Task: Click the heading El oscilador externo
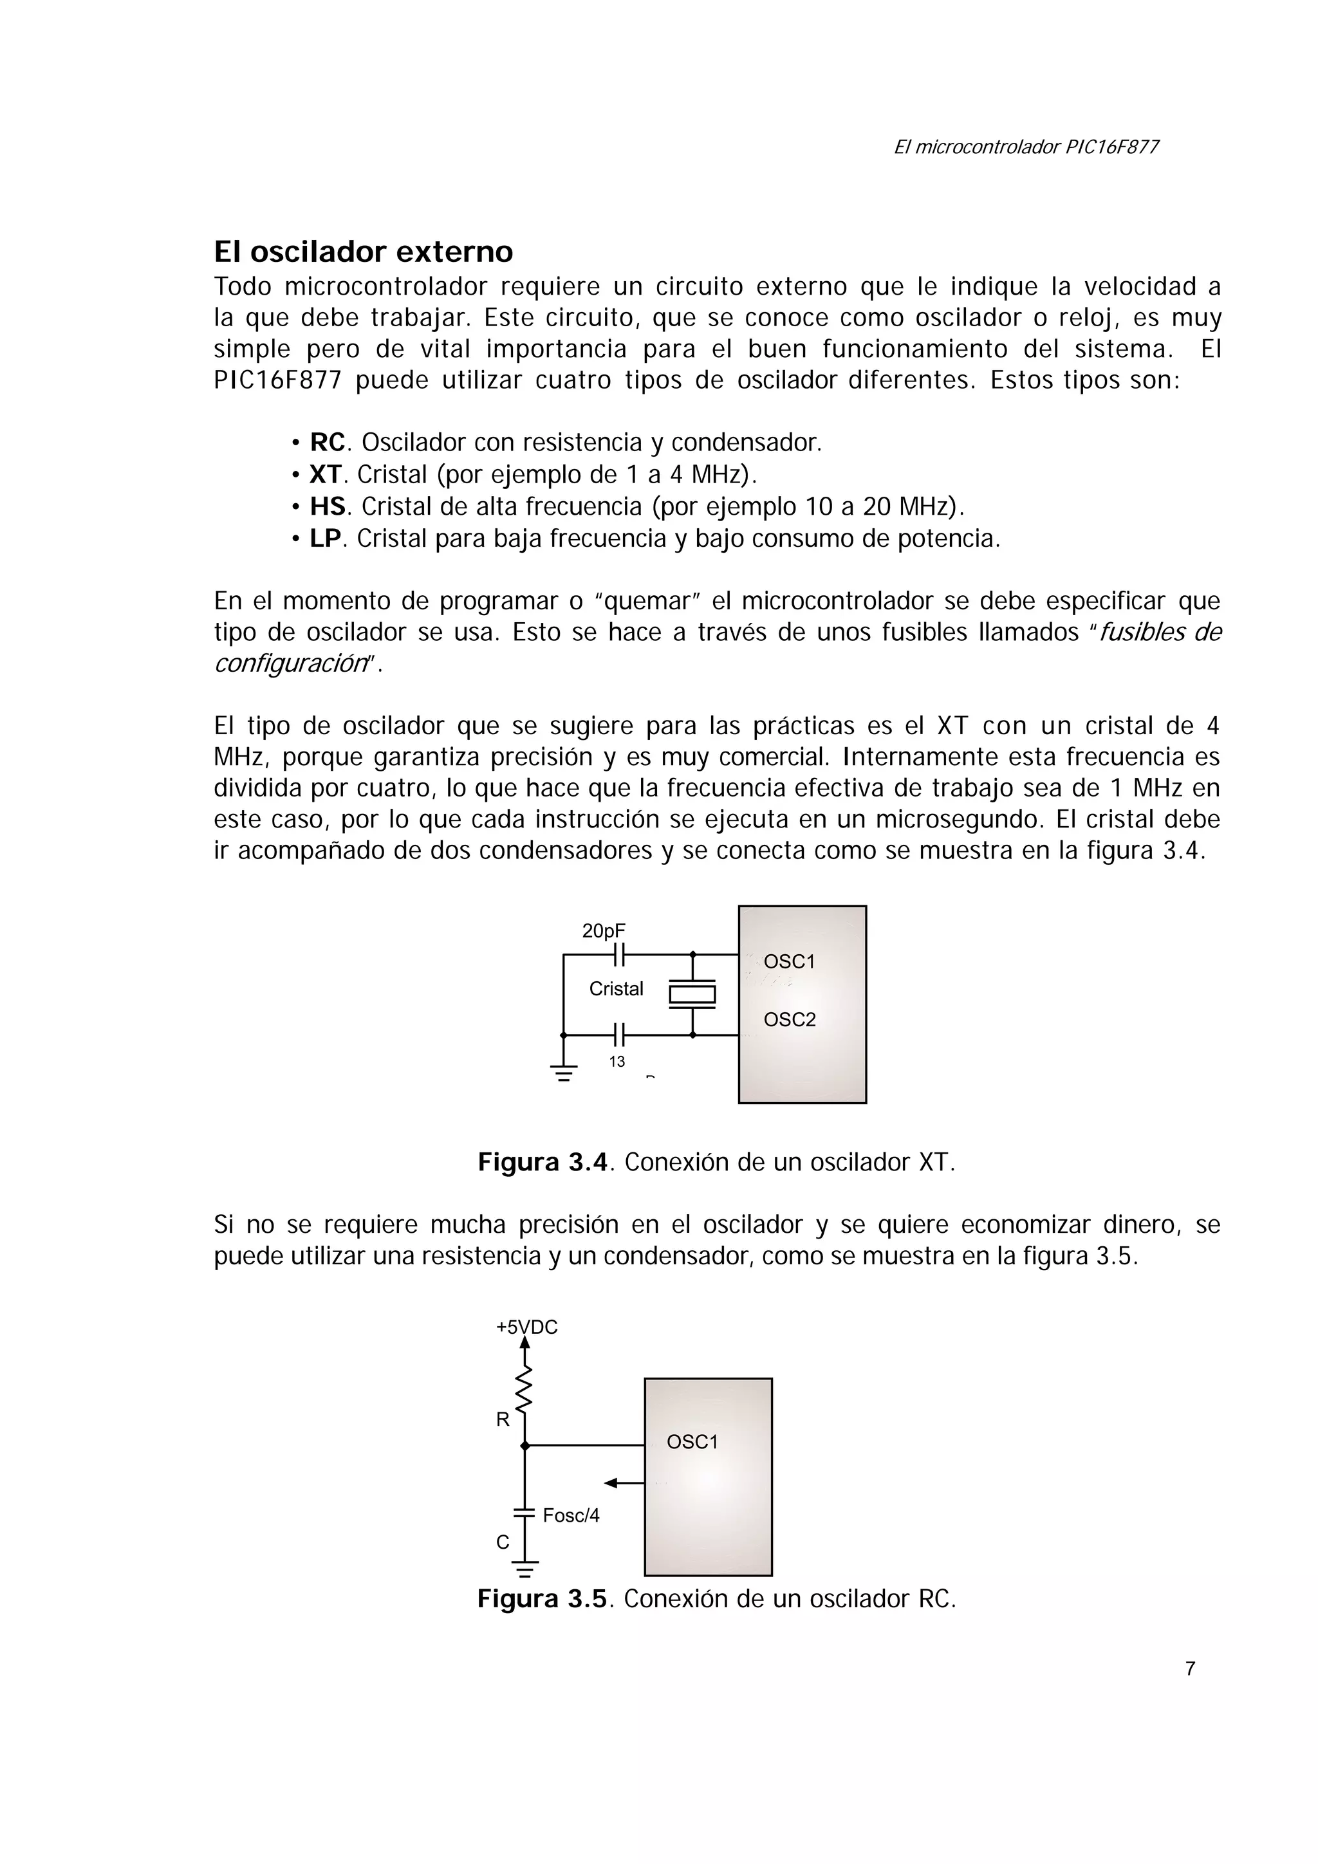(x=363, y=252)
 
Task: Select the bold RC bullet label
(x=328, y=443)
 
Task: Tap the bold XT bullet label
(x=326, y=475)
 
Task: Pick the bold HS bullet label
(x=328, y=506)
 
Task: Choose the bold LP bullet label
(x=326, y=539)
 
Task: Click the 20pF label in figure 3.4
(x=604, y=931)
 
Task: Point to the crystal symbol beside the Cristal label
(x=692, y=995)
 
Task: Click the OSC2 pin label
(x=790, y=1020)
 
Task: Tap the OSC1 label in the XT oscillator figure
(x=790, y=962)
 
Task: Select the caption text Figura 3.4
(x=543, y=1163)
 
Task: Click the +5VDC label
(x=527, y=1327)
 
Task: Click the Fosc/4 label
(x=571, y=1516)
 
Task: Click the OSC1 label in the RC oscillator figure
(x=692, y=1442)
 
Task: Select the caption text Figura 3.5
(x=543, y=1600)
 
